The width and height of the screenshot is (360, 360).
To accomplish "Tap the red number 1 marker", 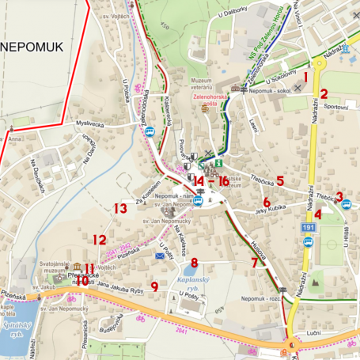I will pos(306,77).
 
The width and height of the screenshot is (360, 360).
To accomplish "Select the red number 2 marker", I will pos(324,94).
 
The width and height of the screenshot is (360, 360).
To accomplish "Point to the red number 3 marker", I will pos(339,196).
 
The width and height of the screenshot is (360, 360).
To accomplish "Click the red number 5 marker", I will pos(280,180).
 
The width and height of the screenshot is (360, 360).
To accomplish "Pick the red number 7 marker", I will pos(254,263).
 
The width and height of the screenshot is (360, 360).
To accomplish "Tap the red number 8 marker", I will pos(194,262).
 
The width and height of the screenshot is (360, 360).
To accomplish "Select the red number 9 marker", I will pos(154,286).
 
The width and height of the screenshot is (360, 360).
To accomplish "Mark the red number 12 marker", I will pos(99,239).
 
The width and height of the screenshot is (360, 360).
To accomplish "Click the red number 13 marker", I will pos(120,209).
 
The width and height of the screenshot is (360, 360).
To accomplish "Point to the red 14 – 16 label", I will pos(211,181).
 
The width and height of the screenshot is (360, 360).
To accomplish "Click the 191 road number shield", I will pos(308,227).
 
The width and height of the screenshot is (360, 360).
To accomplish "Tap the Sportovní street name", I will pos(335,105).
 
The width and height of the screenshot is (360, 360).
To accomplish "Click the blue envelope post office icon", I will pos(160,256).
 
